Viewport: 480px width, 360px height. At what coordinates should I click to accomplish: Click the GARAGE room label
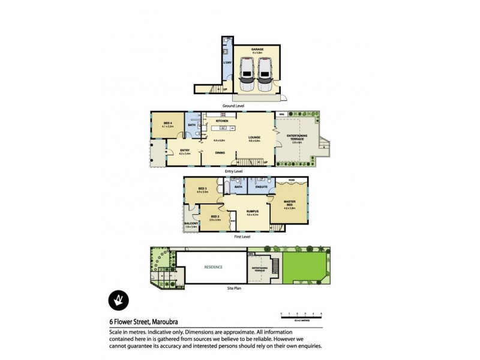tap(257, 50)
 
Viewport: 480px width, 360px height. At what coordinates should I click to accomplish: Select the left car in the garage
tap(247, 72)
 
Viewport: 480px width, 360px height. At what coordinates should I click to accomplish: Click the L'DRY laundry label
tap(227, 63)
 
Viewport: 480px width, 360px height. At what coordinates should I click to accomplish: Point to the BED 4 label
tap(168, 124)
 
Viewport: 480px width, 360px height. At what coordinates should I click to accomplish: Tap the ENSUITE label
tap(262, 187)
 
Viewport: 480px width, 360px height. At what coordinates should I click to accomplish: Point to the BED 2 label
tap(215, 218)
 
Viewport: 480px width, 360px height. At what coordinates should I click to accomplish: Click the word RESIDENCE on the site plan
tap(214, 267)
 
